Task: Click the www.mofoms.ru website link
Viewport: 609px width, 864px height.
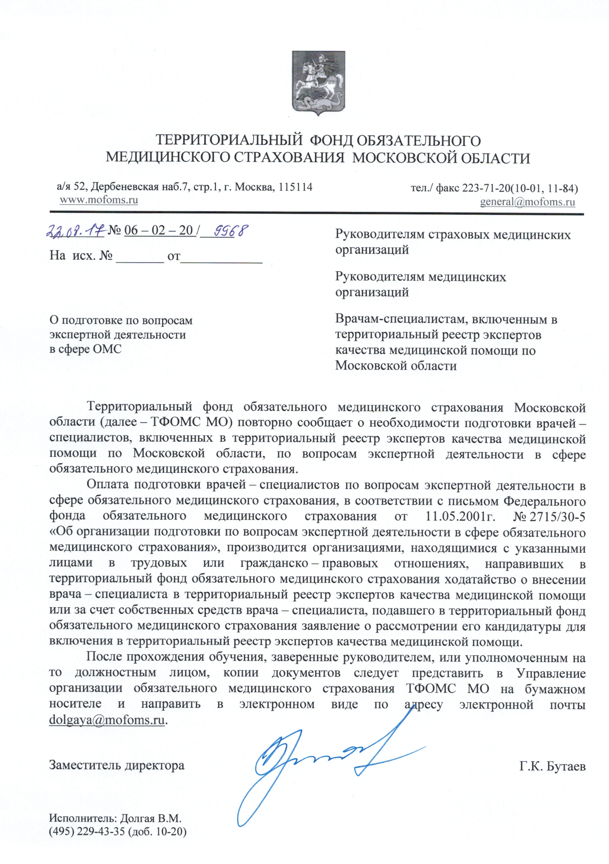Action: (x=99, y=199)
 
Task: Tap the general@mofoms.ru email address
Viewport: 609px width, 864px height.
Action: (x=527, y=202)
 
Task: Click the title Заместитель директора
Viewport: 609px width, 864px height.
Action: (x=117, y=765)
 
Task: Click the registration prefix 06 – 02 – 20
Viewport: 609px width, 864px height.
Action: (x=159, y=230)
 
